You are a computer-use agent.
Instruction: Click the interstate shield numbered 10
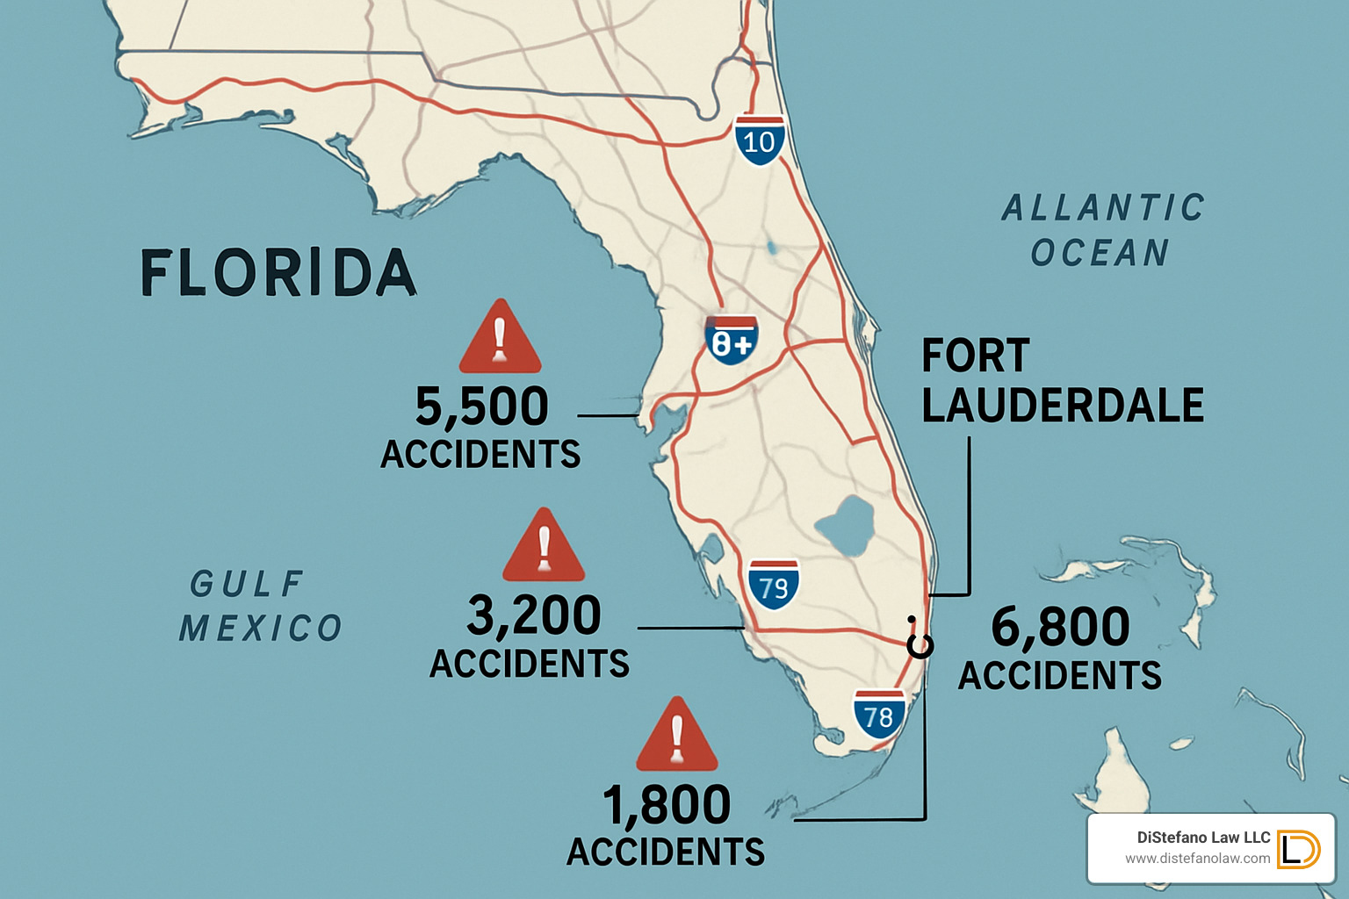pyautogui.click(x=760, y=140)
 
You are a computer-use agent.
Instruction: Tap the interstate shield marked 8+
pyautogui.click(x=731, y=341)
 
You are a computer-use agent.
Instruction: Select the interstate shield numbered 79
pyautogui.click(x=774, y=585)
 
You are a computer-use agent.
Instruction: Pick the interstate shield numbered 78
pyautogui.click(x=878, y=715)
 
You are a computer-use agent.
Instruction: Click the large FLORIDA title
pyautogui.click(x=278, y=273)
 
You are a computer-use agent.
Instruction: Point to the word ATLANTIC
pyautogui.click(x=1103, y=208)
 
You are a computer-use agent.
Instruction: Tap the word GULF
pyautogui.click(x=248, y=584)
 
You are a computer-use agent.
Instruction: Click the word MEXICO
pyautogui.click(x=261, y=629)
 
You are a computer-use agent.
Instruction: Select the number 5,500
pyautogui.click(x=481, y=406)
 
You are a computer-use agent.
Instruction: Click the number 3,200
pyautogui.click(x=534, y=615)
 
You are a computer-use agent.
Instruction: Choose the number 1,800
pyautogui.click(x=667, y=804)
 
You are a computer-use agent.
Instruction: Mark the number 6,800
pyautogui.click(x=1060, y=627)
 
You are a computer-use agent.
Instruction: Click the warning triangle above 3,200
pyautogui.click(x=544, y=548)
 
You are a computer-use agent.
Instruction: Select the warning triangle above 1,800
pyautogui.click(x=676, y=737)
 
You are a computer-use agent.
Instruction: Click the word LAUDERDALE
pyautogui.click(x=1063, y=405)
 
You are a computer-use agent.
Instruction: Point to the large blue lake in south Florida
pyautogui.click(x=844, y=525)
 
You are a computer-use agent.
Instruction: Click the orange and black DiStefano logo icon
pyautogui.click(x=1297, y=849)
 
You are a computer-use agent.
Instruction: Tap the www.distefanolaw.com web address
pyautogui.click(x=1197, y=859)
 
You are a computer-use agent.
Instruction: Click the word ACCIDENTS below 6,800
pyautogui.click(x=1059, y=676)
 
